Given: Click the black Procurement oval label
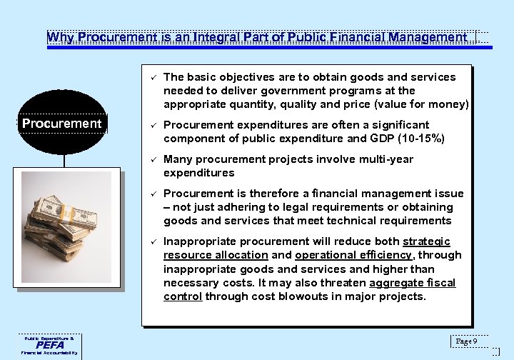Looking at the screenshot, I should click(62, 124).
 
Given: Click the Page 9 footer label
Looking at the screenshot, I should click(469, 341).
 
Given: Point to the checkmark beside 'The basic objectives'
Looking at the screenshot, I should click(152, 76).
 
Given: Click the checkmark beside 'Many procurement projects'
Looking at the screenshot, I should click(152, 159).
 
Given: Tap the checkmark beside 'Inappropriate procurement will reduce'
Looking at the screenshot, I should click(152, 241).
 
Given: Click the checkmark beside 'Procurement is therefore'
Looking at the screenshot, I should click(152, 194).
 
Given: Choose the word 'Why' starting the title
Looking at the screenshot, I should click(60, 37).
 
